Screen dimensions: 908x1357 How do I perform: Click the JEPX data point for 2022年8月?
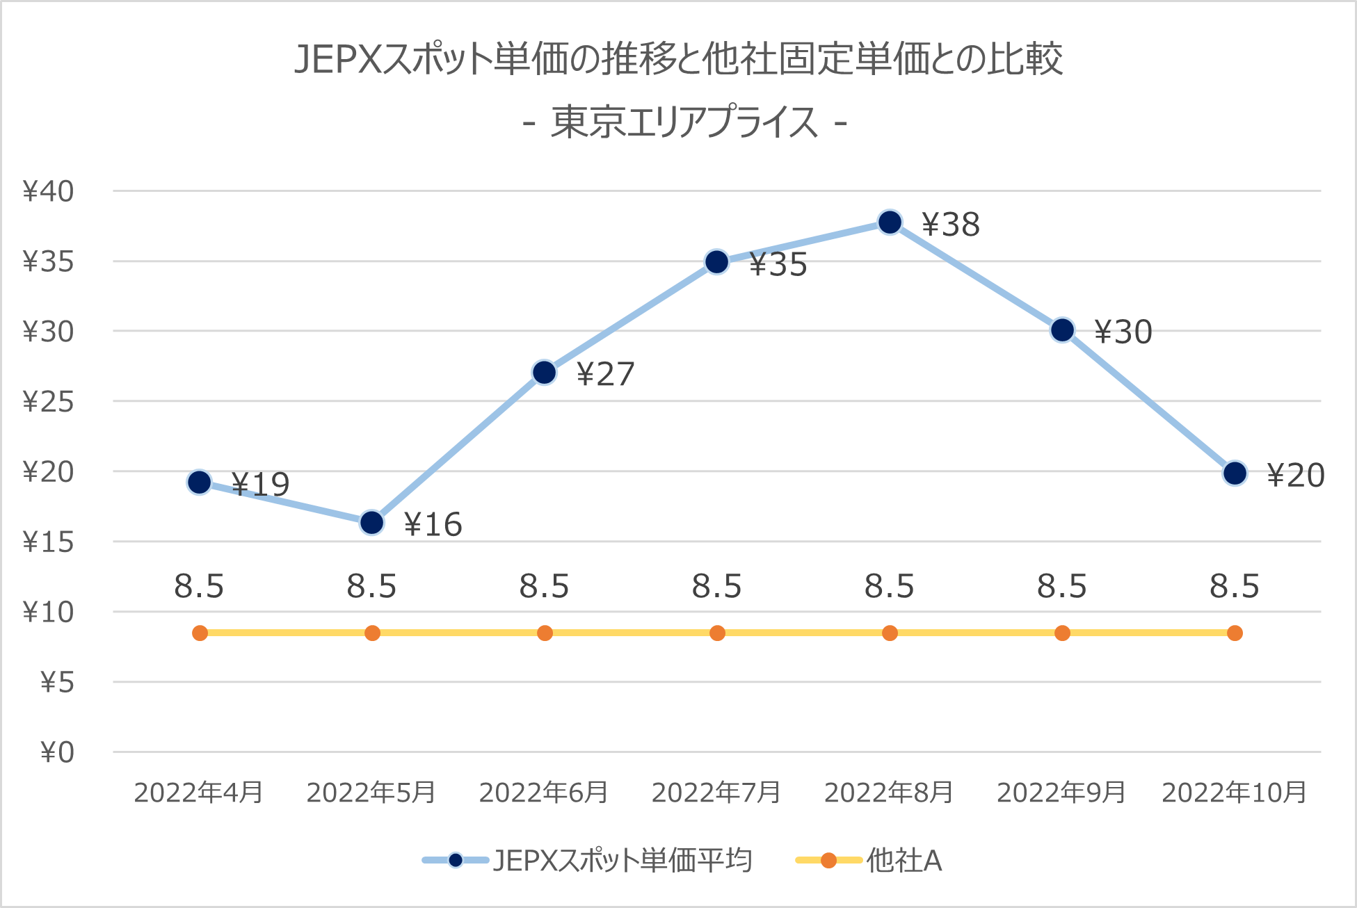click(x=890, y=222)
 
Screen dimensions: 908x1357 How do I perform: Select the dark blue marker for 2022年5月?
click(x=372, y=522)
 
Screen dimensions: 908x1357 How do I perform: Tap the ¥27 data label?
click(x=605, y=374)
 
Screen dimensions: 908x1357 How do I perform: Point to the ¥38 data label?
click(x=950, y=225)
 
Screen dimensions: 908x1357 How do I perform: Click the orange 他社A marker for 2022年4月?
click(x=200, y=633)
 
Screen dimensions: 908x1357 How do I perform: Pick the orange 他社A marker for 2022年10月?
click(x=1235, y=633)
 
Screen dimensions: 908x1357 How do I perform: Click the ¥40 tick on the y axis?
click(x=48, y=191)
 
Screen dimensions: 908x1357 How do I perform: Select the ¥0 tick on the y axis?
click(x=56, y=752)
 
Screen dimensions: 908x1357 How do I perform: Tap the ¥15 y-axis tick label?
click(x=48, y=542)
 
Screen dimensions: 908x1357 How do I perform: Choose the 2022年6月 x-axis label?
click(x=544, y=793)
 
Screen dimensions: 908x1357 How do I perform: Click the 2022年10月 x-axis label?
click(x=1234, y=793)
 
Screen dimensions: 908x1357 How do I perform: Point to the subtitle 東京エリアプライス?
click(x=684, y=122)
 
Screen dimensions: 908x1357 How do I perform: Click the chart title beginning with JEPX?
click(x=678, y=59)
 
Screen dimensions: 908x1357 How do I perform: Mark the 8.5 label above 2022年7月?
click(x=716, y=586)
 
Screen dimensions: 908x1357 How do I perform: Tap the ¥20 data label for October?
click(x=1295, y=476)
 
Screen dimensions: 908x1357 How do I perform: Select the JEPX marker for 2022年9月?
click(x=1062, y=330)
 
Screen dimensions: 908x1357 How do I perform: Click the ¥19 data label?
click(x=260, y=485)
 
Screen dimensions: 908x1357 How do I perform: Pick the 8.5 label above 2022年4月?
click(x=199, y=586)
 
